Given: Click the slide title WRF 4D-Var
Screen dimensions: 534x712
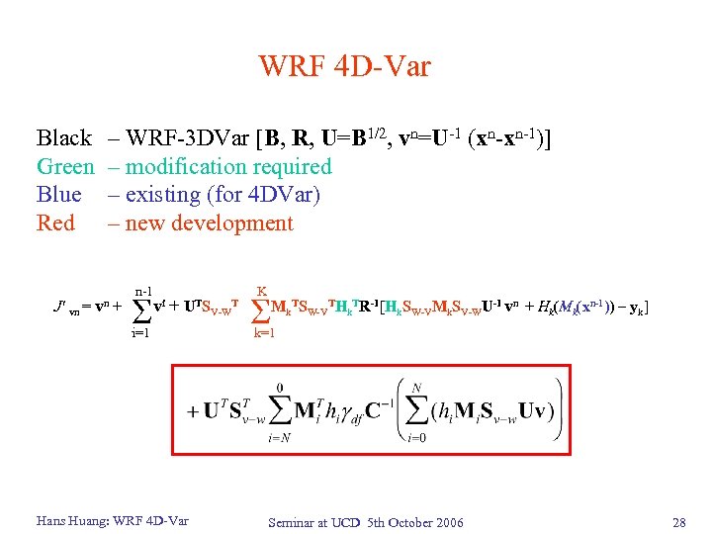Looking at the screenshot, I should [344, 66].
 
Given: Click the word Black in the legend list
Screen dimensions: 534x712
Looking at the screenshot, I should [63, 138].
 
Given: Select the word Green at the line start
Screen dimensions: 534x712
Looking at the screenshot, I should [65, 167].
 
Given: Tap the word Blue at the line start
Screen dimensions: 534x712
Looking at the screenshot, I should [58, 195].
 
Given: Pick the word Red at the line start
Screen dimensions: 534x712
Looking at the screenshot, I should [55, 223].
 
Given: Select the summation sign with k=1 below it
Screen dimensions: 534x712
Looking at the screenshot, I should [261, 310].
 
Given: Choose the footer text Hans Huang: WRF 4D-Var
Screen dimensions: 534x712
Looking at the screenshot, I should [112, 521].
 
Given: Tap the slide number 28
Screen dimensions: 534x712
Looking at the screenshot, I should [677, 522].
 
